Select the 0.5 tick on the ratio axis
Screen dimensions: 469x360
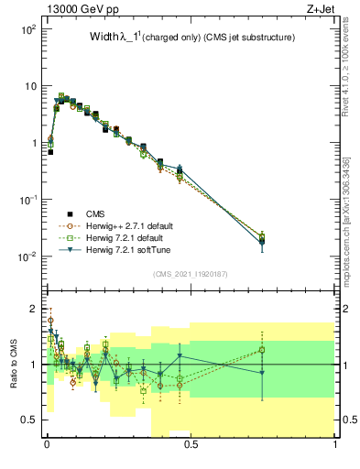(29, 420)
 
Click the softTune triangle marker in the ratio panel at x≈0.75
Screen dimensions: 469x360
(262, 373)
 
